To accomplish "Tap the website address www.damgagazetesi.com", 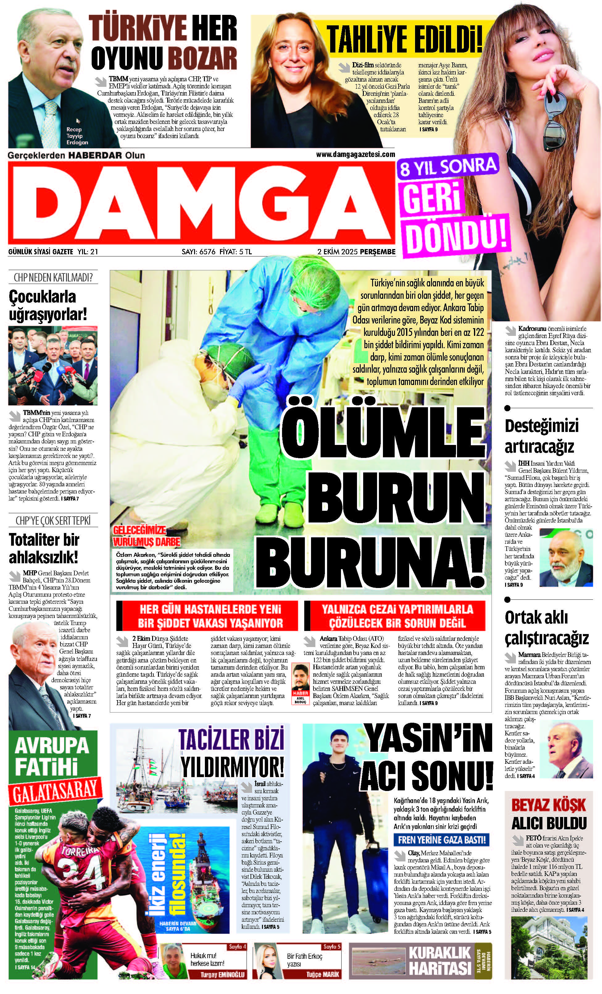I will tap(355, 154).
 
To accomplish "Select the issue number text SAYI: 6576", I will tap(199, 252).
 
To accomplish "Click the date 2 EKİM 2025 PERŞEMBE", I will tap(356, 252).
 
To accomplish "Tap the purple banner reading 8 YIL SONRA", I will tap(447, 167).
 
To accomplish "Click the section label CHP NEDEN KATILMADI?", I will tap(53, 277).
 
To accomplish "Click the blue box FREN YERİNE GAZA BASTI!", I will tap(442, 840).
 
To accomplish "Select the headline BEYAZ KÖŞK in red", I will tap(548, 805).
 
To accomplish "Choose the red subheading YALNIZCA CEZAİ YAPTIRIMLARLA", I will tap(397, 609).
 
